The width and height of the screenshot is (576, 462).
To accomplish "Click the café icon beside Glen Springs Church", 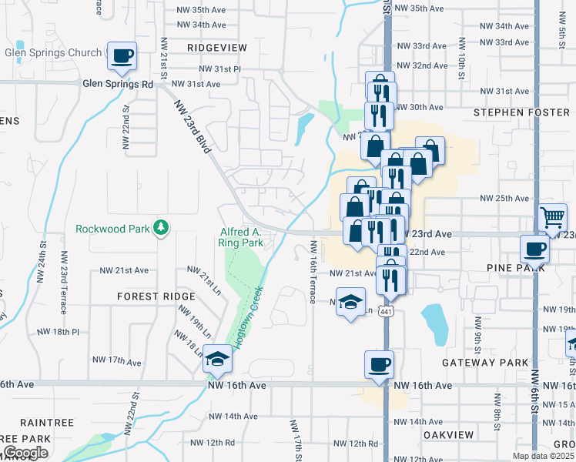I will click(122, 55).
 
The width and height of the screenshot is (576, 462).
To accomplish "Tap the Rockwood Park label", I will click(113, 229).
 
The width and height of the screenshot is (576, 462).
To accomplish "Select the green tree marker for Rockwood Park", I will click(161, 227).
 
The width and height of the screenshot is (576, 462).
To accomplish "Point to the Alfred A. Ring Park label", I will click(242, 237).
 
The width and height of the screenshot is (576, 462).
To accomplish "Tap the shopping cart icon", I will click(552, 218).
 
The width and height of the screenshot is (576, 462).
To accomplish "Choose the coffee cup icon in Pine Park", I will click(534, 249).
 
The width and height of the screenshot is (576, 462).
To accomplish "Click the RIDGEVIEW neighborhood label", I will click(217, 47).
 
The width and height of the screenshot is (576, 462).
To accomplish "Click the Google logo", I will click(25, 453).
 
